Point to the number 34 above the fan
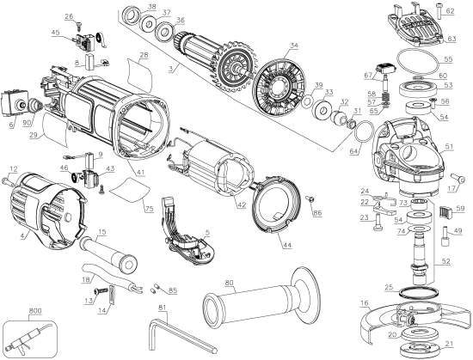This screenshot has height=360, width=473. coord(294,45)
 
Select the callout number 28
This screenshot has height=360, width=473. coord(144,55)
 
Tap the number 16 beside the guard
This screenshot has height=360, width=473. coord(365,302)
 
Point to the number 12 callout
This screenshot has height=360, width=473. coord(14,168)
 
